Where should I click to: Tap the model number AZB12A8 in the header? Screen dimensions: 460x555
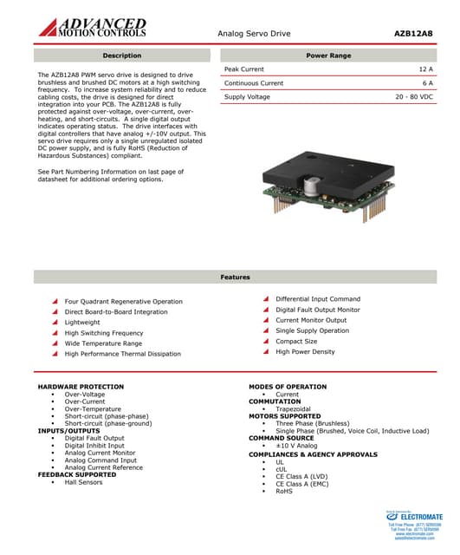coord(414,33)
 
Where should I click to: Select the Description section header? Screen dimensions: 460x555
coord(121,55)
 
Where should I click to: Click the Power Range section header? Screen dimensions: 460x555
coord(328,55)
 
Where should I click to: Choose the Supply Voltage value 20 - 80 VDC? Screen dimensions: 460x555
coord(413,97)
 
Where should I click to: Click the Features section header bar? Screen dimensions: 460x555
coord(235,277)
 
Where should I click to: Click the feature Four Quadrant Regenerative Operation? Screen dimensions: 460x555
coord(123,302)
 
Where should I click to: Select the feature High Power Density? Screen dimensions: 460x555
coord(305,352)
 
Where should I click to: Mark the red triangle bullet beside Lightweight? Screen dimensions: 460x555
coord(55,323)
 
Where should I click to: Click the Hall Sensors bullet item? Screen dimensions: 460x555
coord(83,482)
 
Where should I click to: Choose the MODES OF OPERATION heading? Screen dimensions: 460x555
coord(288,387)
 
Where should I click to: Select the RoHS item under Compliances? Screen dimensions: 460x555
coord(284,491)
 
